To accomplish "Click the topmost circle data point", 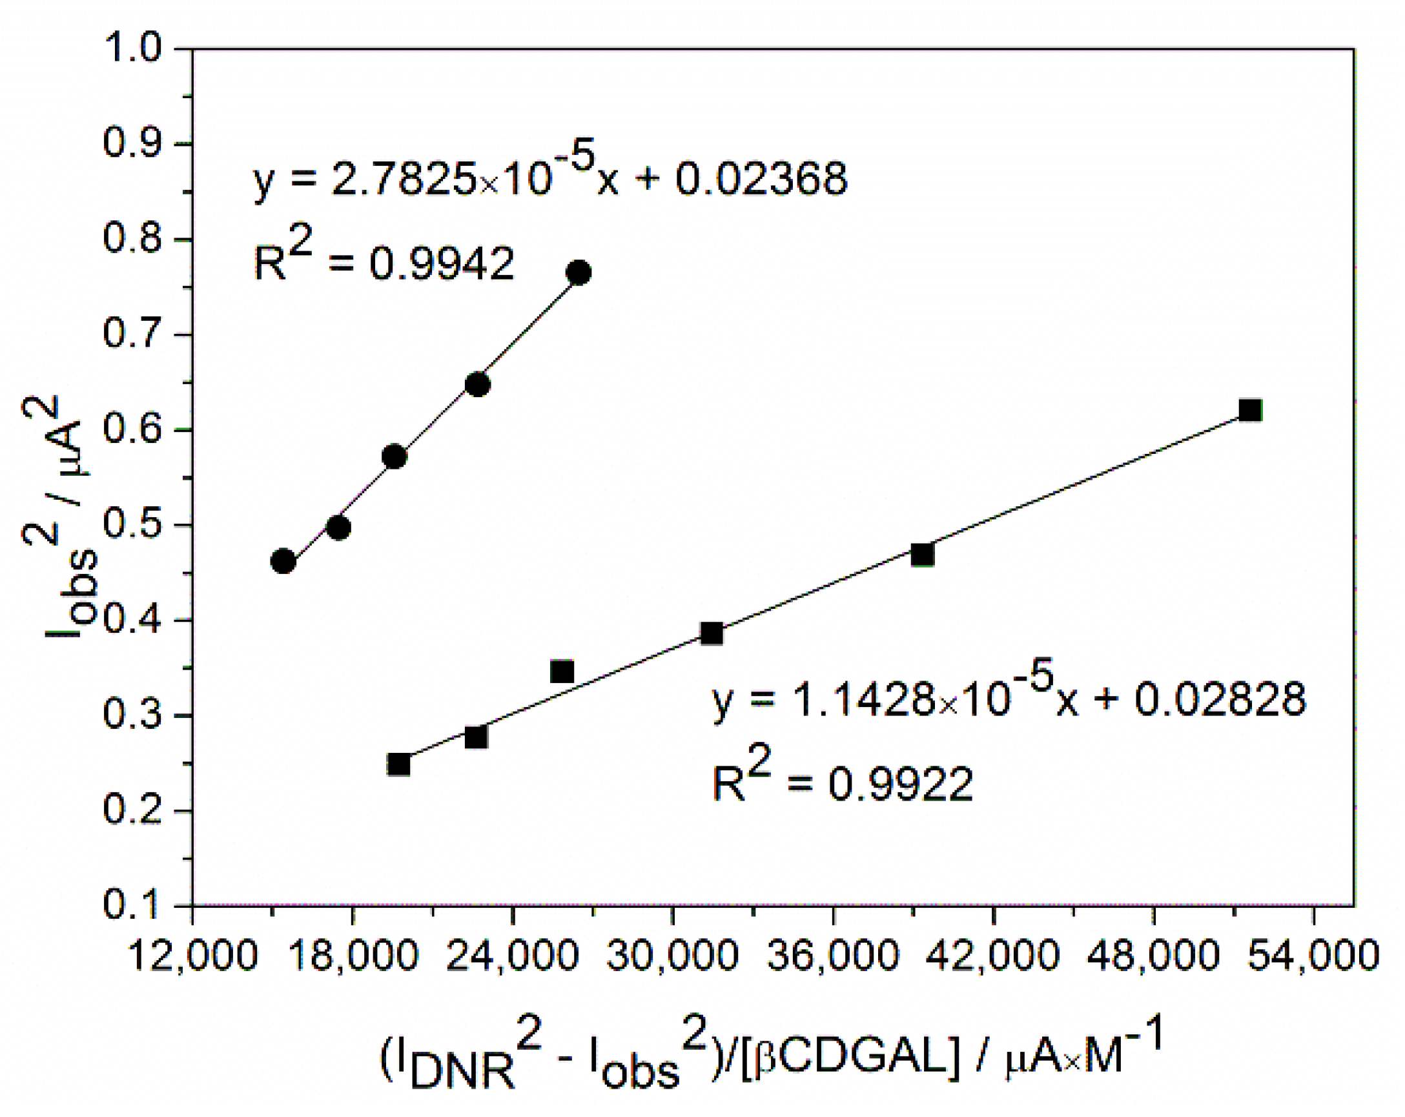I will click(x=579, y=272).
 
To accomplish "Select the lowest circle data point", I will click(x=283, y=561).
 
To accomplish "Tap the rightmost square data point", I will click(x=1250, y=410).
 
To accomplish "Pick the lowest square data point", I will click(x=398, y=764).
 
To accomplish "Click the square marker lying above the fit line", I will click(x=562, y=671).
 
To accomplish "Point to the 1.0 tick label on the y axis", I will click(x=132, y=48).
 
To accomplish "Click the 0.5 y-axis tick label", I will click(x=132, y=525).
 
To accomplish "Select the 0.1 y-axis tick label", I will click(x=132, y=905).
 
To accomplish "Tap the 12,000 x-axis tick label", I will click(x=193, y=957).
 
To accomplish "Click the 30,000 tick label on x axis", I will click(x=673, y=957).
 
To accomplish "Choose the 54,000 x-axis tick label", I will click(x=1313, y=957).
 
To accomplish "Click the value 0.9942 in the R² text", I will click(x=442, y=264).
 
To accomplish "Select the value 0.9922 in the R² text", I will click(x=900, y=784).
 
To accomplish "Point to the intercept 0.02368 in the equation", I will click(x=761, y=179).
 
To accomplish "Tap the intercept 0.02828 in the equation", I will click(x=1220, y=700).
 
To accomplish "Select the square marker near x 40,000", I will click(x=922, y=555).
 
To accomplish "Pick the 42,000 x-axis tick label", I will click(x=992, y=957).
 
